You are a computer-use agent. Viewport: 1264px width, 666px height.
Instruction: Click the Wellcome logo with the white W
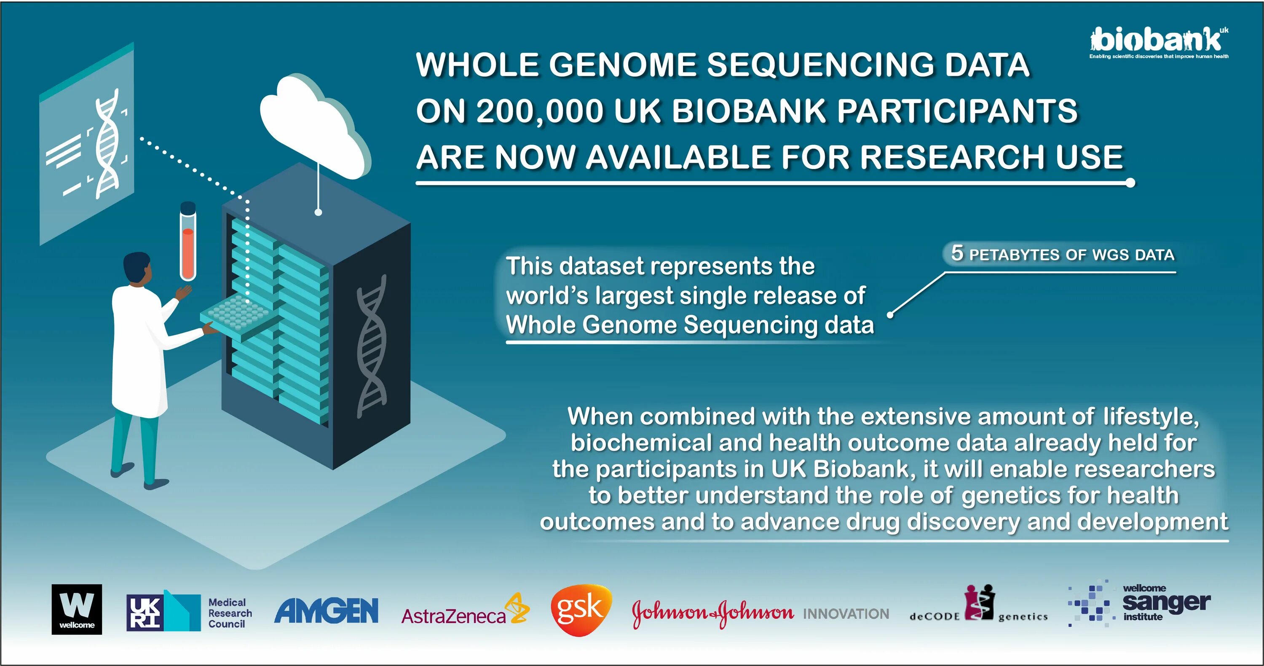click(77, 609)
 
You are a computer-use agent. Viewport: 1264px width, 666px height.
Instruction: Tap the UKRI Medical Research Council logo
click(189, 612)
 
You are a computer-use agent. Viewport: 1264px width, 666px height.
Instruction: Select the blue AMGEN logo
click(326, 610)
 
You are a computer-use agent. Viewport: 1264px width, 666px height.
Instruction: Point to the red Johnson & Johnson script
click(712, 612)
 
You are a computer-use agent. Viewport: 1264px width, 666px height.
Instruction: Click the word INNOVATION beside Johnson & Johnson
click(846, 613)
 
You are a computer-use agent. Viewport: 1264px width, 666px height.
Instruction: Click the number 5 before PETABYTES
click(957, 253)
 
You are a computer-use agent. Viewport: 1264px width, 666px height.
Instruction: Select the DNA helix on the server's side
click(372, 346)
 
